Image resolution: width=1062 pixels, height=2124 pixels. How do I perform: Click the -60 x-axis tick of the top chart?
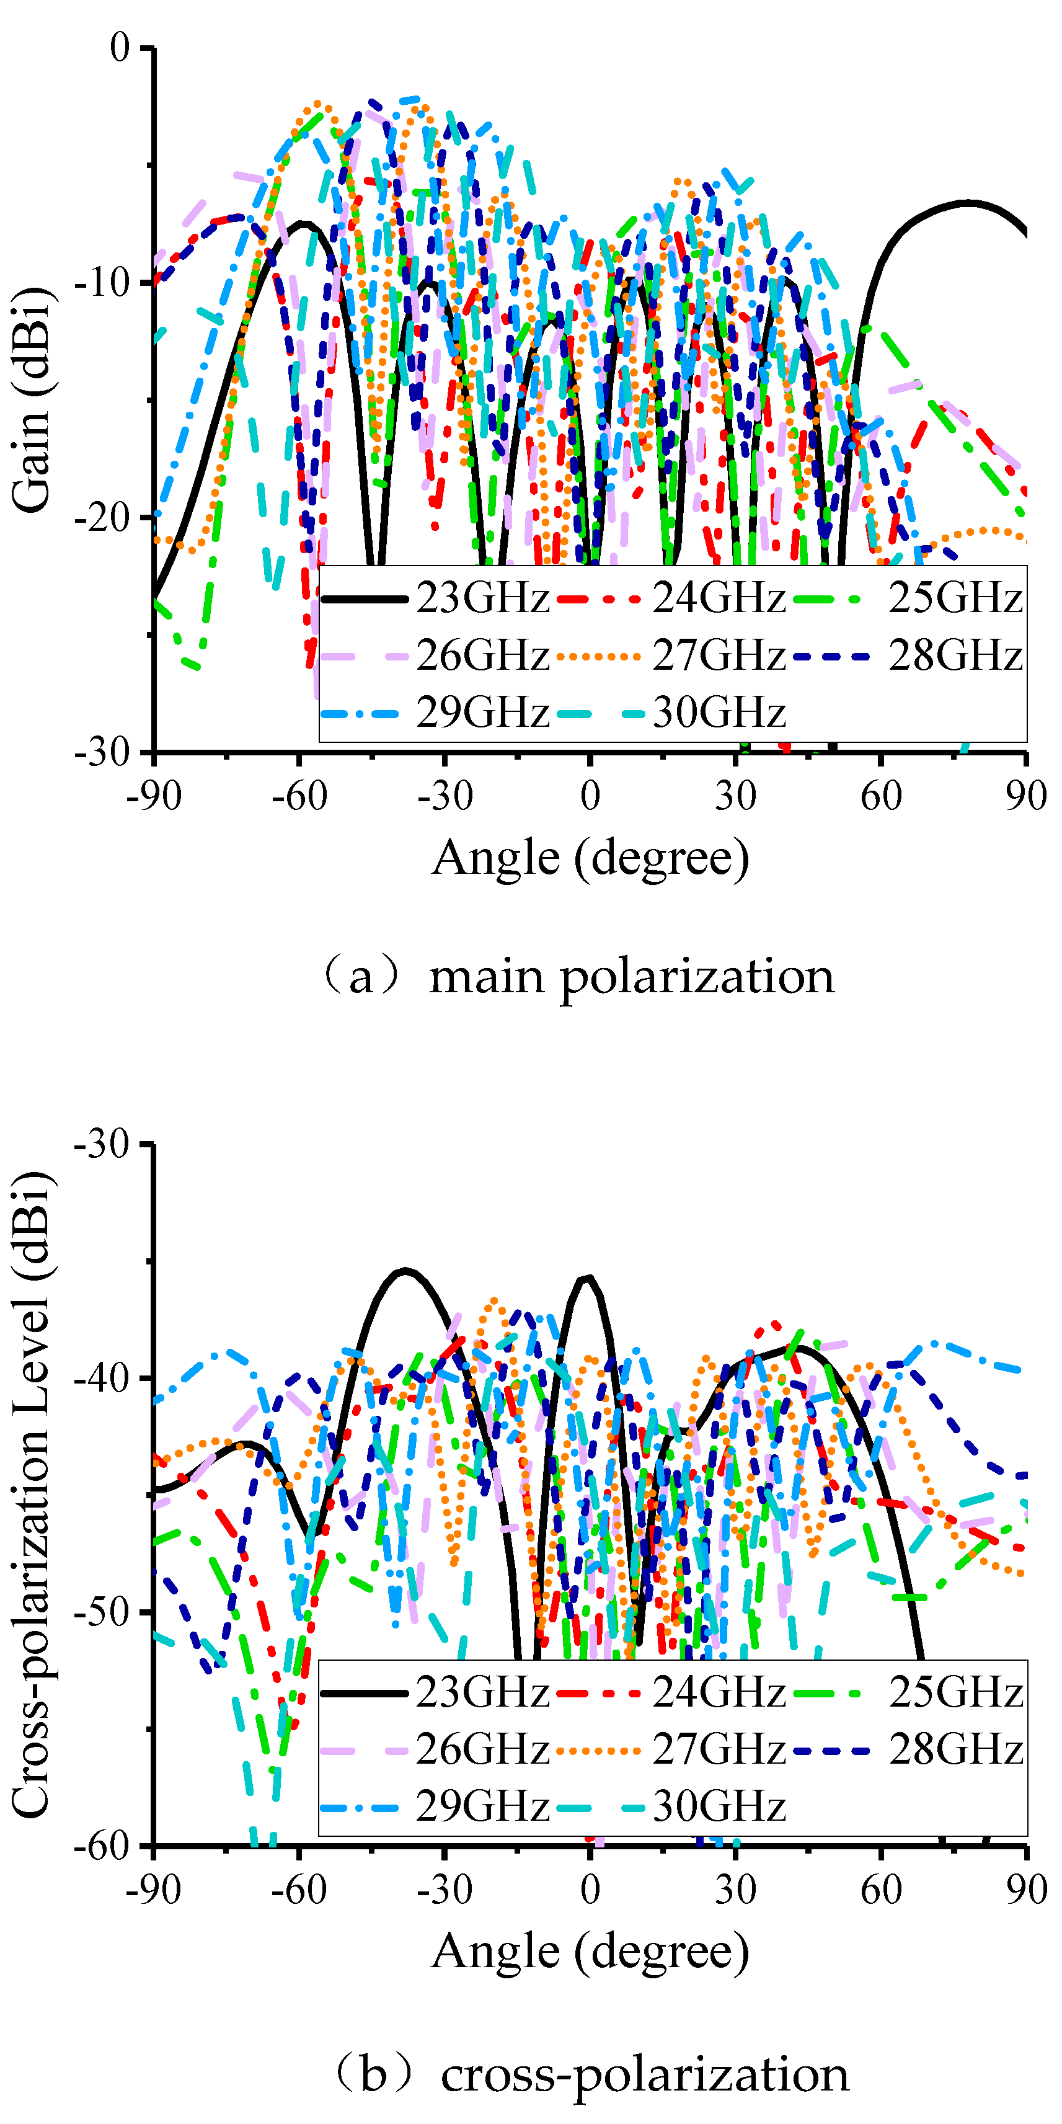[x=299, y=796]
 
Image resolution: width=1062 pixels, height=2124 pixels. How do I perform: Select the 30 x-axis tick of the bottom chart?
[x=735, y=1889]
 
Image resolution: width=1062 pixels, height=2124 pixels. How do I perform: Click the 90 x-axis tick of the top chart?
[x=1025, y=796]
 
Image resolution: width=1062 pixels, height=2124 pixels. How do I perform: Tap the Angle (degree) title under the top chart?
[x=590, y=858]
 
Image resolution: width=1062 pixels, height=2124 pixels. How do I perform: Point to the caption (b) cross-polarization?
[x=590, y=2073]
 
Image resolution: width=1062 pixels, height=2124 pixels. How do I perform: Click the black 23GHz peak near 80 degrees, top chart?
[x=969, y=202]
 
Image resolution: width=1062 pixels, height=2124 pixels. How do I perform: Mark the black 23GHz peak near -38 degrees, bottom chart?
[x=405, y=1270]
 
